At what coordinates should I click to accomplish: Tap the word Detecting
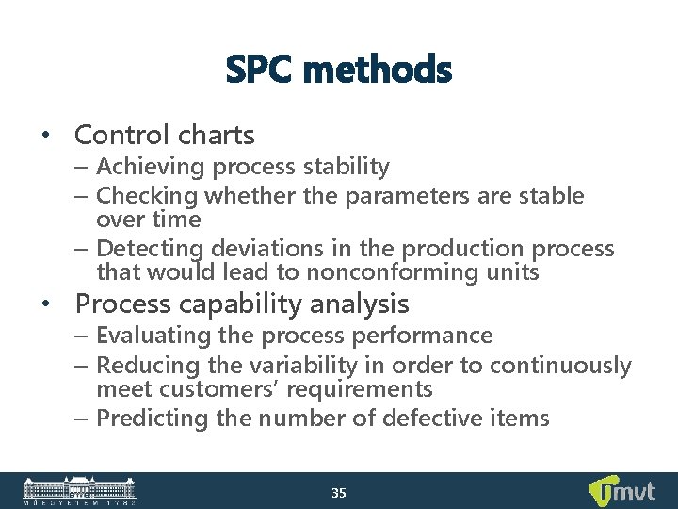tap(150, 249)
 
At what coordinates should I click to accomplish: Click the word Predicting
tap(151, 418)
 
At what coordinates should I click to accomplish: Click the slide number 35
tap(339, 493)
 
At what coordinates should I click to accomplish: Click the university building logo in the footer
tap(79, 490)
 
